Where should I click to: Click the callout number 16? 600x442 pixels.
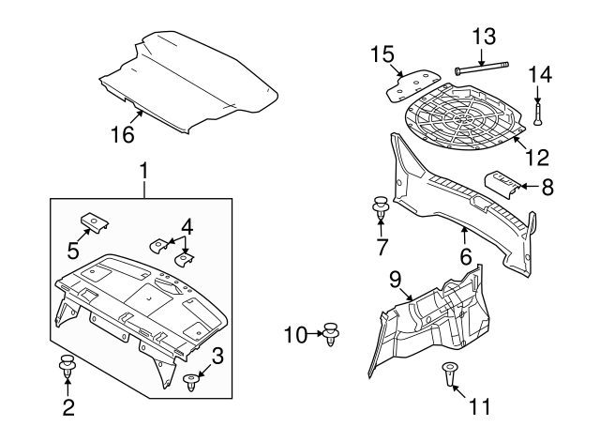[123, 134]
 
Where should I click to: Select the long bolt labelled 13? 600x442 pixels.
[482, 69]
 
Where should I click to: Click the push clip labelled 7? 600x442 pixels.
[381, 208]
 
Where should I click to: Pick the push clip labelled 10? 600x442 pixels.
[331, 334]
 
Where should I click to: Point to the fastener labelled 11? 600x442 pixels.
[448, 374]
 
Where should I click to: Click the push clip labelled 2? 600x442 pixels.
[67, 367]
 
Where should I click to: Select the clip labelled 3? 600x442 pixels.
[191, 383]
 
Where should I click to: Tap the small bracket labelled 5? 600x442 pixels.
[94, 222]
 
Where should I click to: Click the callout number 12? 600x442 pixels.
[537, 157]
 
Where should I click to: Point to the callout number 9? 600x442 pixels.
[396, 280]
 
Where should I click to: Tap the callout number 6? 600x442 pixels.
[465, 256]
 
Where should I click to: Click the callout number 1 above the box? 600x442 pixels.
[143, 171]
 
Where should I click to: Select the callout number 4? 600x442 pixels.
[187, 227]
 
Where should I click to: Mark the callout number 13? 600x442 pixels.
[484, 37]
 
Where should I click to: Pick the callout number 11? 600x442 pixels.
[479, 406]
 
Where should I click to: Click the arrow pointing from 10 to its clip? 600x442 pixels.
[315, 333]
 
